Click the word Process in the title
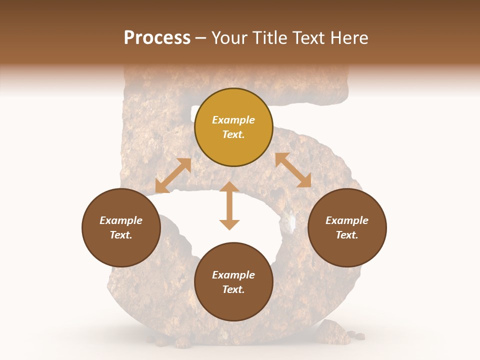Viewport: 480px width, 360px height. (157, 38)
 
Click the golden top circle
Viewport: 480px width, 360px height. (233, 127)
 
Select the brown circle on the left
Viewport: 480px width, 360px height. (121, 227)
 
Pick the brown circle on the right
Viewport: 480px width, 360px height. (347, 227)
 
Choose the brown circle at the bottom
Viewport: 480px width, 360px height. (233, 282)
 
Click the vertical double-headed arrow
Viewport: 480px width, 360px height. (229, 205)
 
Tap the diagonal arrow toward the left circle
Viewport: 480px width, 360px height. (173, 175)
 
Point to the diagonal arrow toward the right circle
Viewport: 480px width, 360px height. (293, 170)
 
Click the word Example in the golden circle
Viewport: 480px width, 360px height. (233, 120)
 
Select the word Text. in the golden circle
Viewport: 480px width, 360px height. (233, 134)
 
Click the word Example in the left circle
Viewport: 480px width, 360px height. (121, 220)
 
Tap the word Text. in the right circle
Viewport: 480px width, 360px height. (347, 235)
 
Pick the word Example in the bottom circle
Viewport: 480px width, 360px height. (233, 275)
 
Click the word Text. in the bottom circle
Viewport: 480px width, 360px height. (233, 289)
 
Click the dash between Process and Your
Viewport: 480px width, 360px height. (201, 38)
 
